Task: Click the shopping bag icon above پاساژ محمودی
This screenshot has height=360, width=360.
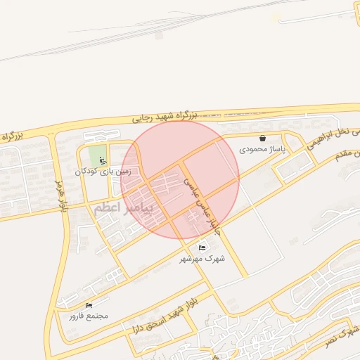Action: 263,139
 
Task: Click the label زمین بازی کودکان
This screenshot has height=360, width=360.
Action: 108,171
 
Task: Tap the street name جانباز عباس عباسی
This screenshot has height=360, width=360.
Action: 200,205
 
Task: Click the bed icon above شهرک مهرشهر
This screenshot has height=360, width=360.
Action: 202,247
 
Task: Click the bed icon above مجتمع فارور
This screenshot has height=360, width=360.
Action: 89,305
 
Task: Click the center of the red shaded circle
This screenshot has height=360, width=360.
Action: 180,179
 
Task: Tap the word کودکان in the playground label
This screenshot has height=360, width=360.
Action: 89,171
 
